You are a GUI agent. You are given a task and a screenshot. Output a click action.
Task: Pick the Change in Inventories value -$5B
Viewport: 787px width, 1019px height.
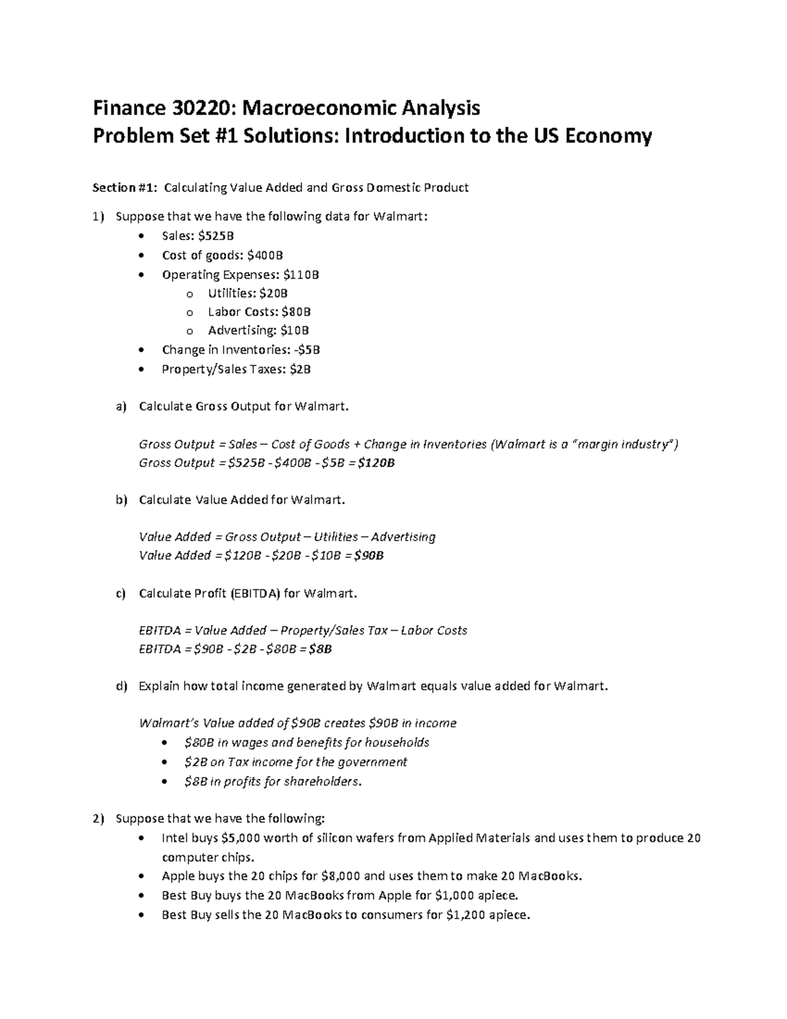tap(307, 350)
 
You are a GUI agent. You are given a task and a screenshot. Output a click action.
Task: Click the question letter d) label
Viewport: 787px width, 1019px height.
tap(120, 686)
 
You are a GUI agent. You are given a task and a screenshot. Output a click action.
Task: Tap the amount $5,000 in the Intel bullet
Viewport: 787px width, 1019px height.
tap(243, 838)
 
